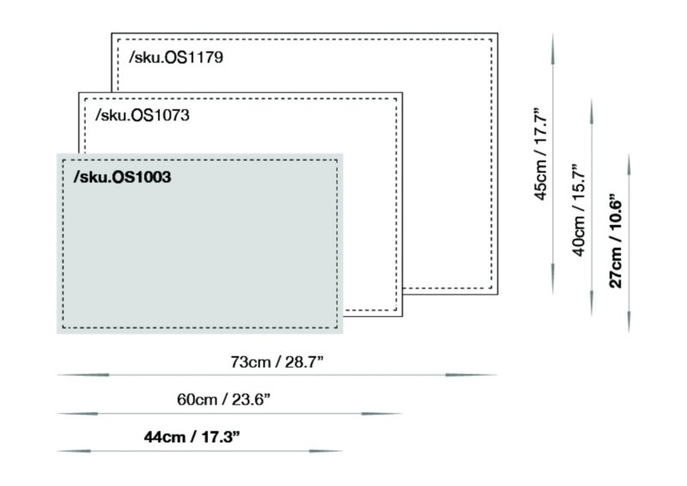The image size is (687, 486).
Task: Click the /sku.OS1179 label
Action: pos(176,58)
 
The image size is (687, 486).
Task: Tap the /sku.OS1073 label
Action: pos(143,115)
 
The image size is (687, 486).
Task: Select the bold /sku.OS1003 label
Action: pos(122,177)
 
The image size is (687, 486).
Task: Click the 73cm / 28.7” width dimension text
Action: pos(277,362)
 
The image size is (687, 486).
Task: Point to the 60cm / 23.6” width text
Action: pos(223,399)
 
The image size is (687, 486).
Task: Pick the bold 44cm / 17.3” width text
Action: pos(192,437)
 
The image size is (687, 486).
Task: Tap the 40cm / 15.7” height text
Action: pos(579,210)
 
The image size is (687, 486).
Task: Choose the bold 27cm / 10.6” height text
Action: pos(616,240)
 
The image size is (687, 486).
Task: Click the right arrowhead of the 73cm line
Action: pos(471,375)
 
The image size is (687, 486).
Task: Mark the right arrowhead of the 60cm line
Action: pos(382,413)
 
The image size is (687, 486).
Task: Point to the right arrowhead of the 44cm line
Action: pos(326,451)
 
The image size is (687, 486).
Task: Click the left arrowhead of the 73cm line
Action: pos(83,375)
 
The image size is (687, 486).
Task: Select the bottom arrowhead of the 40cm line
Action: pos(592,302)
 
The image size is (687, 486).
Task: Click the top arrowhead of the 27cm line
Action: pos(629,166)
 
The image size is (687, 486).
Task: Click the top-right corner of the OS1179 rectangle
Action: pos(498,33)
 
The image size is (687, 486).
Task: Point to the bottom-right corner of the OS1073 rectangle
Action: pos(402,316)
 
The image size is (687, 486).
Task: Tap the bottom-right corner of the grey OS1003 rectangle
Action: pos(343,333)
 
